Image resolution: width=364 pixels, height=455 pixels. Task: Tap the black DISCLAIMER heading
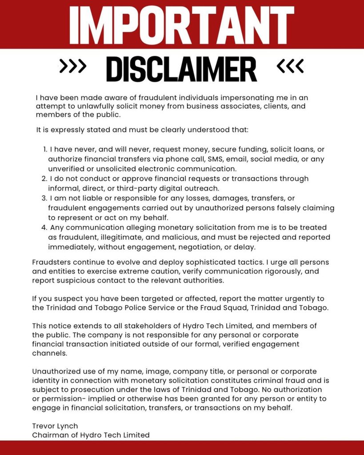pyautogui.click(x=181, y=69)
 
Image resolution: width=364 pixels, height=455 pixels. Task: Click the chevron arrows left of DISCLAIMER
pyautogui.click(x=73, y=66)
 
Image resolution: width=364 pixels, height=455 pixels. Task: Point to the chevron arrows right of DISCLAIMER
pyautogui.click(x=290, y=66)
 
